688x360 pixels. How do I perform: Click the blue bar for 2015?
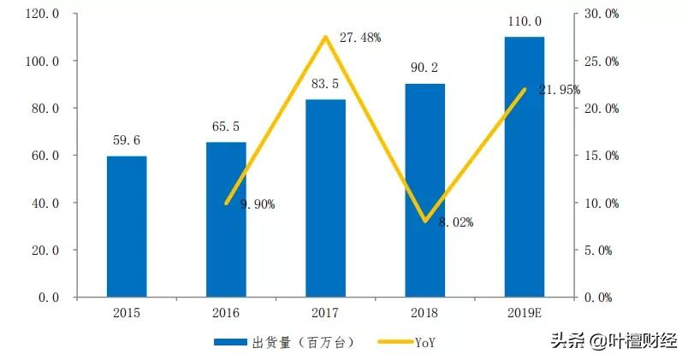click(127, 227)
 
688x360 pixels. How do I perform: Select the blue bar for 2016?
click(226, 220)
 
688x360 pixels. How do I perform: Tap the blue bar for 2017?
click(325, 198)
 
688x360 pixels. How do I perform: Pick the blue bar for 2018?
click(424, 191)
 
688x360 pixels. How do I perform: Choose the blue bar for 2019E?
click(524, 167)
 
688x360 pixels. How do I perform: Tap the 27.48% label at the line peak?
click(360, 38)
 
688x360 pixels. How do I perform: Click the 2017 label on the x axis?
click(325, 314)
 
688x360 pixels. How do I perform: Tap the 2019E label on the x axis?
click(524, 314)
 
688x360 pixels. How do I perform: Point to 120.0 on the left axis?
click(43, 15)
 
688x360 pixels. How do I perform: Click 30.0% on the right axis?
click(600, 15)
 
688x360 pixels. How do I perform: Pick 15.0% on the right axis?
click(600, 156)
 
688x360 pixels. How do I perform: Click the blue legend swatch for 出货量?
click(230, 342)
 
